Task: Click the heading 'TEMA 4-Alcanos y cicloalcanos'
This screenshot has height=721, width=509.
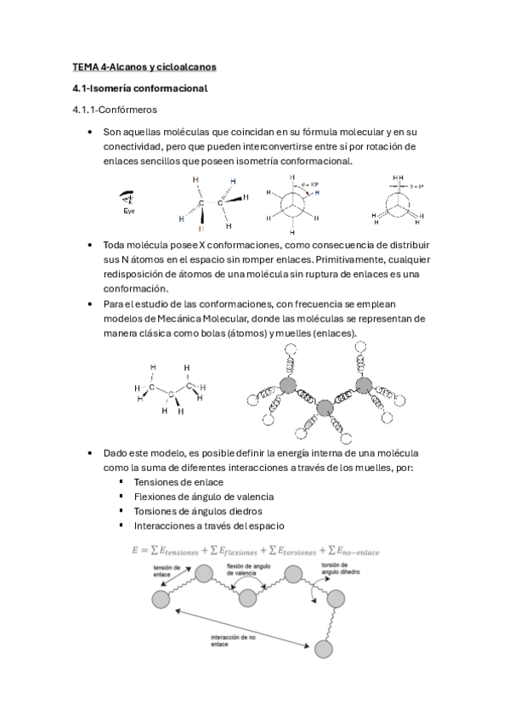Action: (x=144, y=66)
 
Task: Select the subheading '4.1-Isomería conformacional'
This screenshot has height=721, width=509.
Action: (x=139, y=88)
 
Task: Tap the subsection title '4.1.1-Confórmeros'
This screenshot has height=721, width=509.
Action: (x=114, y=110)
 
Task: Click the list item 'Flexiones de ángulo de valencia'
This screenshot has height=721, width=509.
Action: (x=204, y=497)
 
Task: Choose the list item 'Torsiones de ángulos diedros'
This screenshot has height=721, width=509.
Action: (x=198, y=511)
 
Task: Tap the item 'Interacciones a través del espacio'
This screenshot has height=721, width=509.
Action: (x=209, y=526)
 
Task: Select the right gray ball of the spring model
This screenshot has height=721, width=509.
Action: (x=364, y=385)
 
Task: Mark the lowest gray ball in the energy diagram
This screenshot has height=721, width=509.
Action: (x=325, y=649)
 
